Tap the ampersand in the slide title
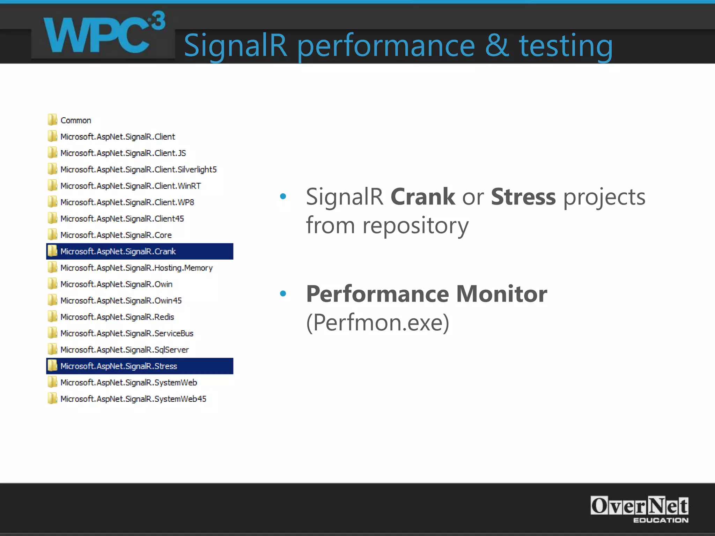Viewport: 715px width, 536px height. click(x=496, y=45)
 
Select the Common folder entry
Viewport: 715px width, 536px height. click(x=75, y=120)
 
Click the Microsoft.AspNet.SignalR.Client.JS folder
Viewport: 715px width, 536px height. click(x=123, y=153)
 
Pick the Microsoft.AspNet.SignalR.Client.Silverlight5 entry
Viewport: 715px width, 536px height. click(x=138, y=170)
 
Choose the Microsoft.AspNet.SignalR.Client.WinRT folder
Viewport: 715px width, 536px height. click(x=130, y=186)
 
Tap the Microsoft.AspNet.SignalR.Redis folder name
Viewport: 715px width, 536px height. click(x=117, y=317)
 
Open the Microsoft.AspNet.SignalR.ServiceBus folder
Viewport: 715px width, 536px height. click(x=127, y=334)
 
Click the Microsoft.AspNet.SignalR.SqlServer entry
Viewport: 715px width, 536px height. click(x=124, y=350)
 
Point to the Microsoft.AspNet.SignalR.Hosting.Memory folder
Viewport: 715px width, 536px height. click(x=136, y=268)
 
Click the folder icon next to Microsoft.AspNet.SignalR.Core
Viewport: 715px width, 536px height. click(x=52, y=235)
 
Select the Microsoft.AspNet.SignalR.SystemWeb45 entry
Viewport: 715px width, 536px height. click(x=133, y=399)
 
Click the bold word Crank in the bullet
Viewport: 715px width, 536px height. click(x=422, y=197)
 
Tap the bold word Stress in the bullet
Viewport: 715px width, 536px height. click(x=523, y=197)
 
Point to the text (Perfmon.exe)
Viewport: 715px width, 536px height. click(x=377, y=323)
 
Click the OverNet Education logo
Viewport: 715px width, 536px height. click(x=639, y=509)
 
